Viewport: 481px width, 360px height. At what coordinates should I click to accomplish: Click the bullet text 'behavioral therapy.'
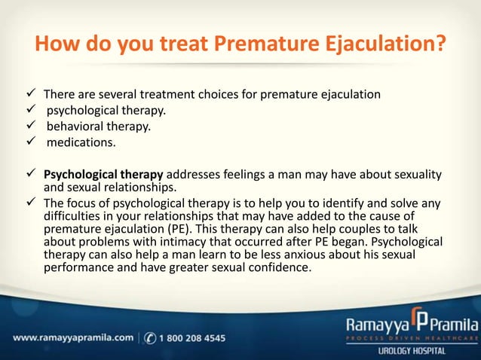pos(98,127)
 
